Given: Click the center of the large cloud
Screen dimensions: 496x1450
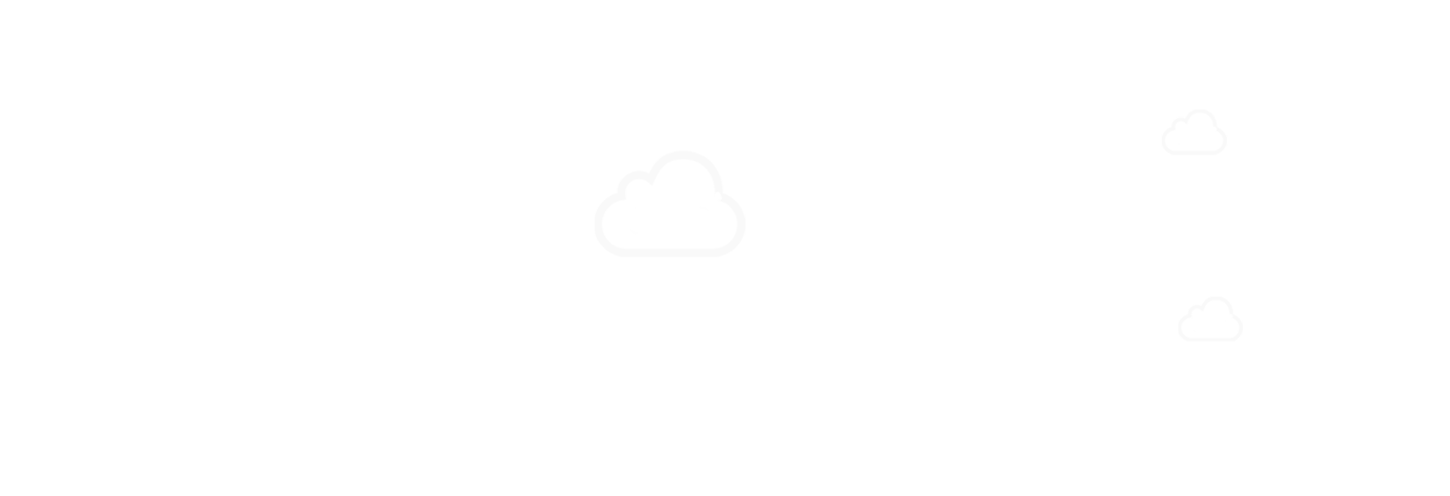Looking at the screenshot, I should tap(670, 215).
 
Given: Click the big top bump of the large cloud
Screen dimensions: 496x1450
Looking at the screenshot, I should tap(684, 155).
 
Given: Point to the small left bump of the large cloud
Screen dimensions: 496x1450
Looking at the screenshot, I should tap(633, 175).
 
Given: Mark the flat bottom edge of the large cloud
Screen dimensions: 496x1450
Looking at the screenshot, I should tap(670, 252).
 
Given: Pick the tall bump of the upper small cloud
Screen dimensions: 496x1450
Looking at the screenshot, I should tap(1201, 113).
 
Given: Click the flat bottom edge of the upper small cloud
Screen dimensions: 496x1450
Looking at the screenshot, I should tap(1194, 152).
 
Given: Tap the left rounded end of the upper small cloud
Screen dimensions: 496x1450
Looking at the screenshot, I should tap(1165, 141).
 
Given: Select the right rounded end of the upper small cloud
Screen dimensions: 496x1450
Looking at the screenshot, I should tap(1224, 141).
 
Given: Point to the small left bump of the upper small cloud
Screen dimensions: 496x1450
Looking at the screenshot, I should tap(1180, 121).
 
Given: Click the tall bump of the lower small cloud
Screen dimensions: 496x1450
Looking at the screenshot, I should tap(1217, 300).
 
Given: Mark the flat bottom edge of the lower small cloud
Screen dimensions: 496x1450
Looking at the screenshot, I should tap(1211, 339).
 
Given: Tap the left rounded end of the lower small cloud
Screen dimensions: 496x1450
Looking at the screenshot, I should tap(1181, 328).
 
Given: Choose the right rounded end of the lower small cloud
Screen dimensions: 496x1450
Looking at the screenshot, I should tap(1240, 328).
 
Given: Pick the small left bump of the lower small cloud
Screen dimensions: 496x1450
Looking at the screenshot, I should tap(1196, 308).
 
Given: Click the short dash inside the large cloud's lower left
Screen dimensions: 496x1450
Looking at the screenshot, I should tap(633, 231).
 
